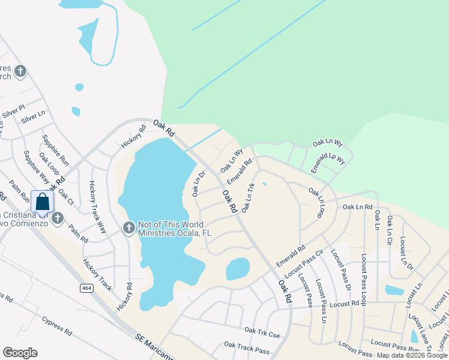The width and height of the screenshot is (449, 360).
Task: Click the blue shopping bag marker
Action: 43,201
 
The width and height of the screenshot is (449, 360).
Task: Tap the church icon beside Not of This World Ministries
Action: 129,227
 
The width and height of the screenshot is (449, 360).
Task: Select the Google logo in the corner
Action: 20,353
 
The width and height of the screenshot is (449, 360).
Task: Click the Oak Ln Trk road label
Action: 248,197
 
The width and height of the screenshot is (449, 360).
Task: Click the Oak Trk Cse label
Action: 262,331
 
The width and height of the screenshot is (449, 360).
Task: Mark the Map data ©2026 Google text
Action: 412,355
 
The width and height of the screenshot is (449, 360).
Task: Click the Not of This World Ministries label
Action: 175,228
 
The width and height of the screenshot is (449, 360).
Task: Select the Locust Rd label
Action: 348,304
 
